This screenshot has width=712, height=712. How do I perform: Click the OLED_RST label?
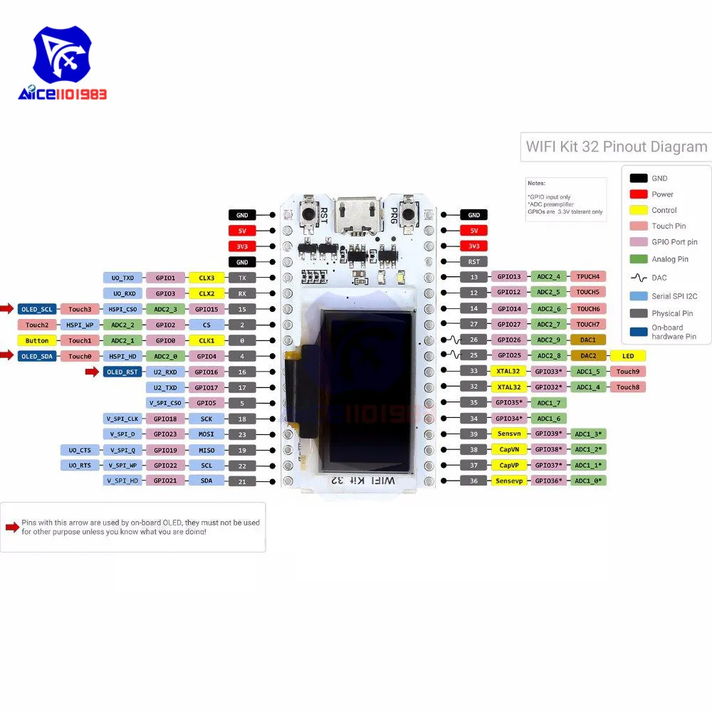(x=122, y=372)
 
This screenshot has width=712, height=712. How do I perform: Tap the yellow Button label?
(x=37, y=340)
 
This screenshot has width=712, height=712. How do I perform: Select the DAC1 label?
(x=588, y=340)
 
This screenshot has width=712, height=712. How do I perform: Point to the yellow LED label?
(x=627, y=355)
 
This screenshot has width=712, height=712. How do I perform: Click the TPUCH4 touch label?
(x=588, y=276)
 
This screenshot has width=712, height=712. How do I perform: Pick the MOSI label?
(x=206, y=434)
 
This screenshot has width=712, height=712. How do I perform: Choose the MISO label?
(x=206, y=450)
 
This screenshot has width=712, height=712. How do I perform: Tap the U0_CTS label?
(x=80, y=450)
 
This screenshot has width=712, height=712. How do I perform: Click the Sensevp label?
(x=508, y=481)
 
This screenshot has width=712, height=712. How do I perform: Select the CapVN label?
(x=508, y=449)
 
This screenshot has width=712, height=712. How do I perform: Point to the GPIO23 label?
(x=165, y=434)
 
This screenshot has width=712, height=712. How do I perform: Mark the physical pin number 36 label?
(x=473, y=481)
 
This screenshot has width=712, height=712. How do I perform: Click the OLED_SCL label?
(x=37, y=309)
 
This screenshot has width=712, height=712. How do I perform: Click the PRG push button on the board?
(x=408, y=211)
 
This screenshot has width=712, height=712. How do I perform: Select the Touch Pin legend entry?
(x=669, y=226)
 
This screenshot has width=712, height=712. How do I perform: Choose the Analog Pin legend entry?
(x=669, y=259)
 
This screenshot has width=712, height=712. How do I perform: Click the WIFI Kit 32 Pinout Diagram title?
(x=616, y=147)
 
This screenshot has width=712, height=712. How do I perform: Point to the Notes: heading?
(x=536, y=183)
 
